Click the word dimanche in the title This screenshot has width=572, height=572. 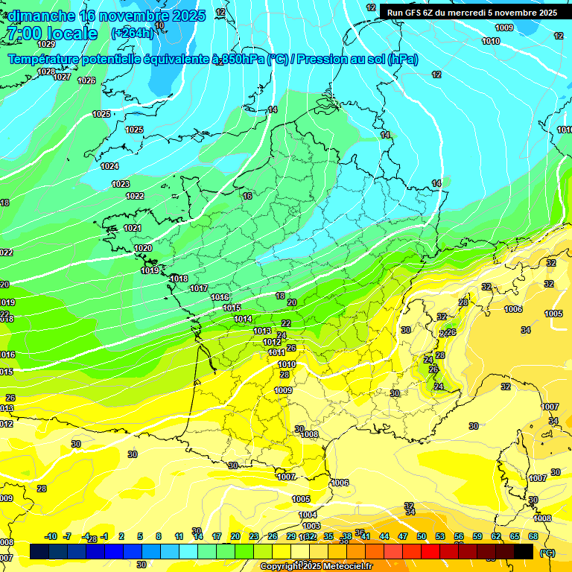tap(41, 16)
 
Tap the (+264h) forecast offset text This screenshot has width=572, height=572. tap(133, 33)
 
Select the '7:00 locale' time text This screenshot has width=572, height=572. tap(51, 34)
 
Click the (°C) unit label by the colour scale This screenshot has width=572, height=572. tap(547, 553)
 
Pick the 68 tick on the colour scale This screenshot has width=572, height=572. tap(533, 536)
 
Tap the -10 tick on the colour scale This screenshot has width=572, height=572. tap(51, 536)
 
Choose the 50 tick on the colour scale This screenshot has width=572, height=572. tap(422, 536)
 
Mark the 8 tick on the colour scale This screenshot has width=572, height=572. tap(159, 536)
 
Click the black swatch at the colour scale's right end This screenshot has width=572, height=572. tap(524, 551)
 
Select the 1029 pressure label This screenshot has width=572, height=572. tap(46, 65)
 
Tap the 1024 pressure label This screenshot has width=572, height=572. tap(109, 166)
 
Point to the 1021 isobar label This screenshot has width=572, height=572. tap(133, 228)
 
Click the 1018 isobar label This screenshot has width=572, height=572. tap(179, 279)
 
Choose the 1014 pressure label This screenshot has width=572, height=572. tap(243, 319)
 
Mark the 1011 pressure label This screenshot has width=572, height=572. tap(276, 352)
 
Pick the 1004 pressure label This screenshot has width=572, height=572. tap(308, 515)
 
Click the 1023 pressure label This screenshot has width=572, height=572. tap(121, 184)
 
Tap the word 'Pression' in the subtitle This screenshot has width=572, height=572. tap(323, 60)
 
